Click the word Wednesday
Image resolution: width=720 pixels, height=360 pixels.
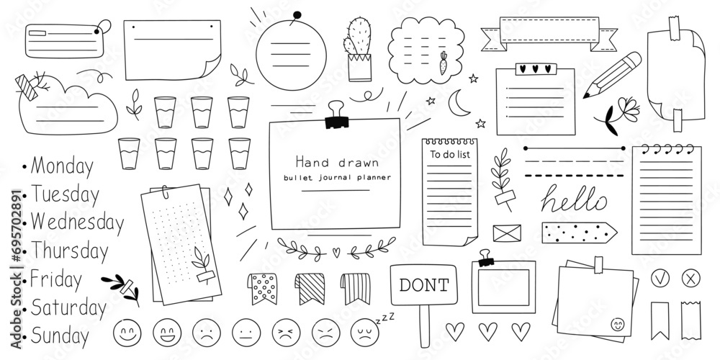(x=77, y=222)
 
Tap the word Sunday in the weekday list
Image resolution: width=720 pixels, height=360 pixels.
(x=60, y=336)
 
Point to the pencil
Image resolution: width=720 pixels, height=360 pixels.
(x=613, y=74)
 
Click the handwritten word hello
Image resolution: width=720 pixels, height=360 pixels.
(x=574, y=199)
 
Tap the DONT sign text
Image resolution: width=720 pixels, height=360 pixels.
(x=424, y=285)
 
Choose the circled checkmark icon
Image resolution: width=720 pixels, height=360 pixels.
(x=660, y=278)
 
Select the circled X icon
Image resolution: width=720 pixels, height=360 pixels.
(x=690, y=278)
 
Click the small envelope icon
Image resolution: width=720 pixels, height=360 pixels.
(x=507, y=233)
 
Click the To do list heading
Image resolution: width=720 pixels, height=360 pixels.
(x=450, y=154)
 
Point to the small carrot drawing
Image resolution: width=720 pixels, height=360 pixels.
(x=443, y=63)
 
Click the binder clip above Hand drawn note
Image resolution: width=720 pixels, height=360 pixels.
(x=336, y=115)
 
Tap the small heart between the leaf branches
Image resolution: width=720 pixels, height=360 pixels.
(x=336, y=252)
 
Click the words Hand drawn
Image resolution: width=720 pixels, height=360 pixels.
(x=337, y=162)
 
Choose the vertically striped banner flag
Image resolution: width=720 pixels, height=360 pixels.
(x=356, y=289)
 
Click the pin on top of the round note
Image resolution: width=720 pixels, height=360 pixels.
(x=296, y=17)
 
